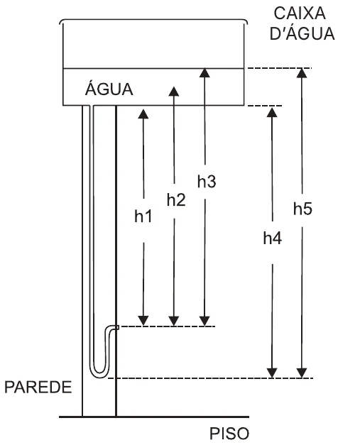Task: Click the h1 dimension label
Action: tap(143, 216)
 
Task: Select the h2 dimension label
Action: tap(176, 200)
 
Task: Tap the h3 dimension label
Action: tap(207, 182)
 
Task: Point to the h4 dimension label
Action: tap(272, 238)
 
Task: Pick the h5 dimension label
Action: tap(302, 209)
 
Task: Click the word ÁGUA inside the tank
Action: tap(109, 89)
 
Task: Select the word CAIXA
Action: tap(300, 13)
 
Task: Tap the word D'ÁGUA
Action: tap(302, 33)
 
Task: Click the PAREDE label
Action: tap(38, 387)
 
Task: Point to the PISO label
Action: tap(229, 434)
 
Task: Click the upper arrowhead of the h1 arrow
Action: tap(143, 114)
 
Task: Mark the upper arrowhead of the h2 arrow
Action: tap(174, 92)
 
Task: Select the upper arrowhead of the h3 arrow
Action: tap(204, 72)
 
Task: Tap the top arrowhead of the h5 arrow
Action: tap(302, 73)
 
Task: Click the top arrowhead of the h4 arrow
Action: tap(272, 112)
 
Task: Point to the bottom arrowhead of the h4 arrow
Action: tap(272, 373)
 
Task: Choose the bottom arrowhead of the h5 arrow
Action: tap(302, 373)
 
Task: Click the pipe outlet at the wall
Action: tap(116, 327)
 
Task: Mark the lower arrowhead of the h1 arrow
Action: tap(143, 321)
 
